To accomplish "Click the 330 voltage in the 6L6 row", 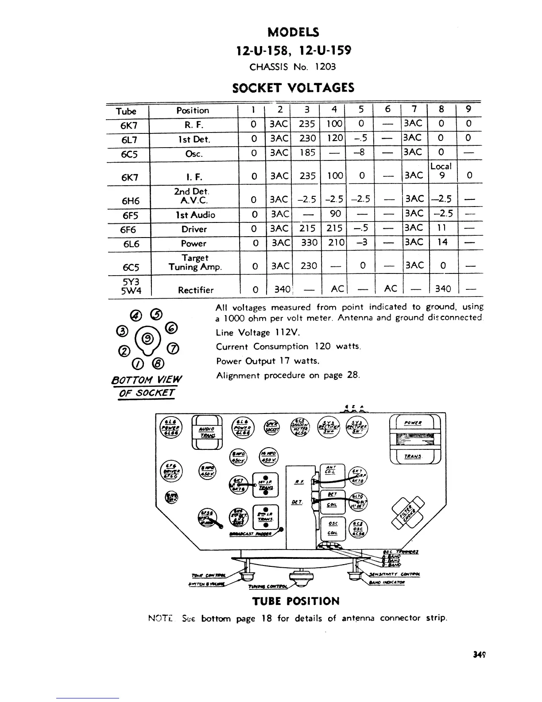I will coord(308,243).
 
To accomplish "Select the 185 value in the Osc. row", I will coord(307,153).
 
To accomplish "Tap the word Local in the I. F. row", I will coord(441,166).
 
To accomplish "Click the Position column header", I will coord(193,110).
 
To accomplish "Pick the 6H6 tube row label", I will coord(130,201).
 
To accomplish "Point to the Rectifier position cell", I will coord(195,290).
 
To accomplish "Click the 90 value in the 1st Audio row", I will coord(335,214).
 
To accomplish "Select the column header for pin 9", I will coord(468,109).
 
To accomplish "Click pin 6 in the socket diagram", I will coord(170,328).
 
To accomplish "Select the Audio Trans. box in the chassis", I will coord(207,432).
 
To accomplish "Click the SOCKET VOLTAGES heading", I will coord(293,87).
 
